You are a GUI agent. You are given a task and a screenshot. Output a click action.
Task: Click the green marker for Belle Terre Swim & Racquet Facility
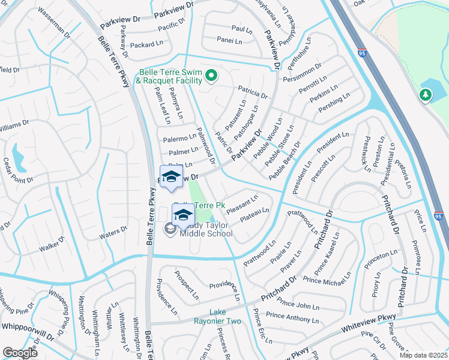[211, 76]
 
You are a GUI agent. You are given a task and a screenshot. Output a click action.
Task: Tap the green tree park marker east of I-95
[426, 95]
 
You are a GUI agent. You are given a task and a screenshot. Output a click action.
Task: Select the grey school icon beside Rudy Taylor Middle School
[170, 227]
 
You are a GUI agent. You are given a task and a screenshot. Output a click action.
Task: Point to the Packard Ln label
[142, 45]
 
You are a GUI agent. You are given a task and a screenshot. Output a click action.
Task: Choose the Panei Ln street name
[230, 41]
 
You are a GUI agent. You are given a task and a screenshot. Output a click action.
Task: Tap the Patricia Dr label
[252, 92]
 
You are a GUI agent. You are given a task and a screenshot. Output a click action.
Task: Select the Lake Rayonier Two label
[224, 317]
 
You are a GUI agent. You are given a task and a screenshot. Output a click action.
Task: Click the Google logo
[20, 353]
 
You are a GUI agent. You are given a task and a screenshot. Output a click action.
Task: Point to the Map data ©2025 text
[423, 355]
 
